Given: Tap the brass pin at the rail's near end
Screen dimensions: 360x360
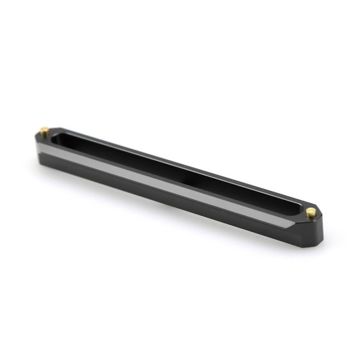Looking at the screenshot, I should point(310,212).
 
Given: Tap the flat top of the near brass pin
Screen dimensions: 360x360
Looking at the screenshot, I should point(310,210).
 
